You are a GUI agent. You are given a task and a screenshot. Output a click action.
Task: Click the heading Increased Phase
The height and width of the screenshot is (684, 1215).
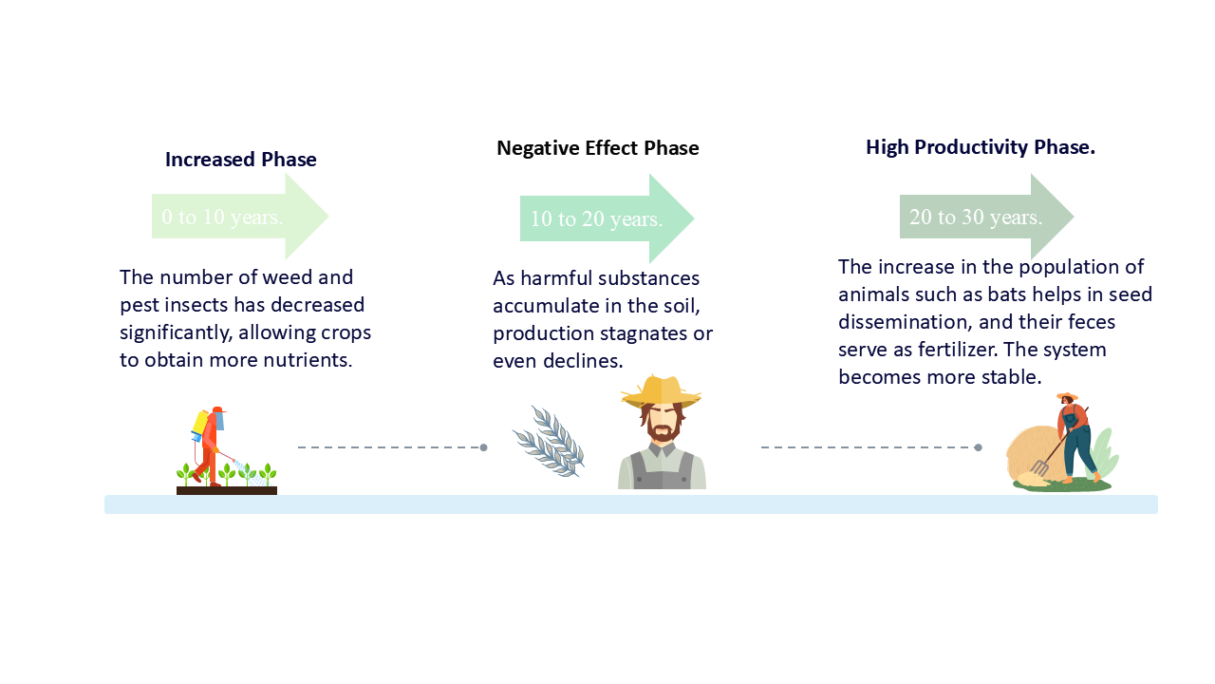[x=241, y=160]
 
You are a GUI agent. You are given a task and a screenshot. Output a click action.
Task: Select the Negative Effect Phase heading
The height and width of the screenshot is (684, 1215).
[x=598, y=148]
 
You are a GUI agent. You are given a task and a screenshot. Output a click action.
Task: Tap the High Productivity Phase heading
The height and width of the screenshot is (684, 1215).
[x=981, y=147]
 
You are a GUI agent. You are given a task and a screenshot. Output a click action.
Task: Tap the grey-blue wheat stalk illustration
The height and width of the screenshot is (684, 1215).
[x=550, y=442]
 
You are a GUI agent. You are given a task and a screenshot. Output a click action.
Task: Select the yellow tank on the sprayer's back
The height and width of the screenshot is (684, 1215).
[x=200, y=422]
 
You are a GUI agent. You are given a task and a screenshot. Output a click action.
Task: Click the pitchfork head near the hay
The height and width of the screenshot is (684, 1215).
[x=1040, y=467]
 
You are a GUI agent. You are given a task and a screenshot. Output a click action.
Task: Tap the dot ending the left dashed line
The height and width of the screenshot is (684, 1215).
[x=483, y=447]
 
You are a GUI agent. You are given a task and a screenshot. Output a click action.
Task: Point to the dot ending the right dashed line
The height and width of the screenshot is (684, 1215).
[x=978, y=447]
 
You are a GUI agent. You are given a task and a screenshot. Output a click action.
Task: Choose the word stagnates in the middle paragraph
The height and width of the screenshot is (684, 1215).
[x=636, y=333]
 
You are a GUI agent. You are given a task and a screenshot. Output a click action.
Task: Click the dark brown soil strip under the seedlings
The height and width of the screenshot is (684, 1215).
[x=227, y=491]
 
